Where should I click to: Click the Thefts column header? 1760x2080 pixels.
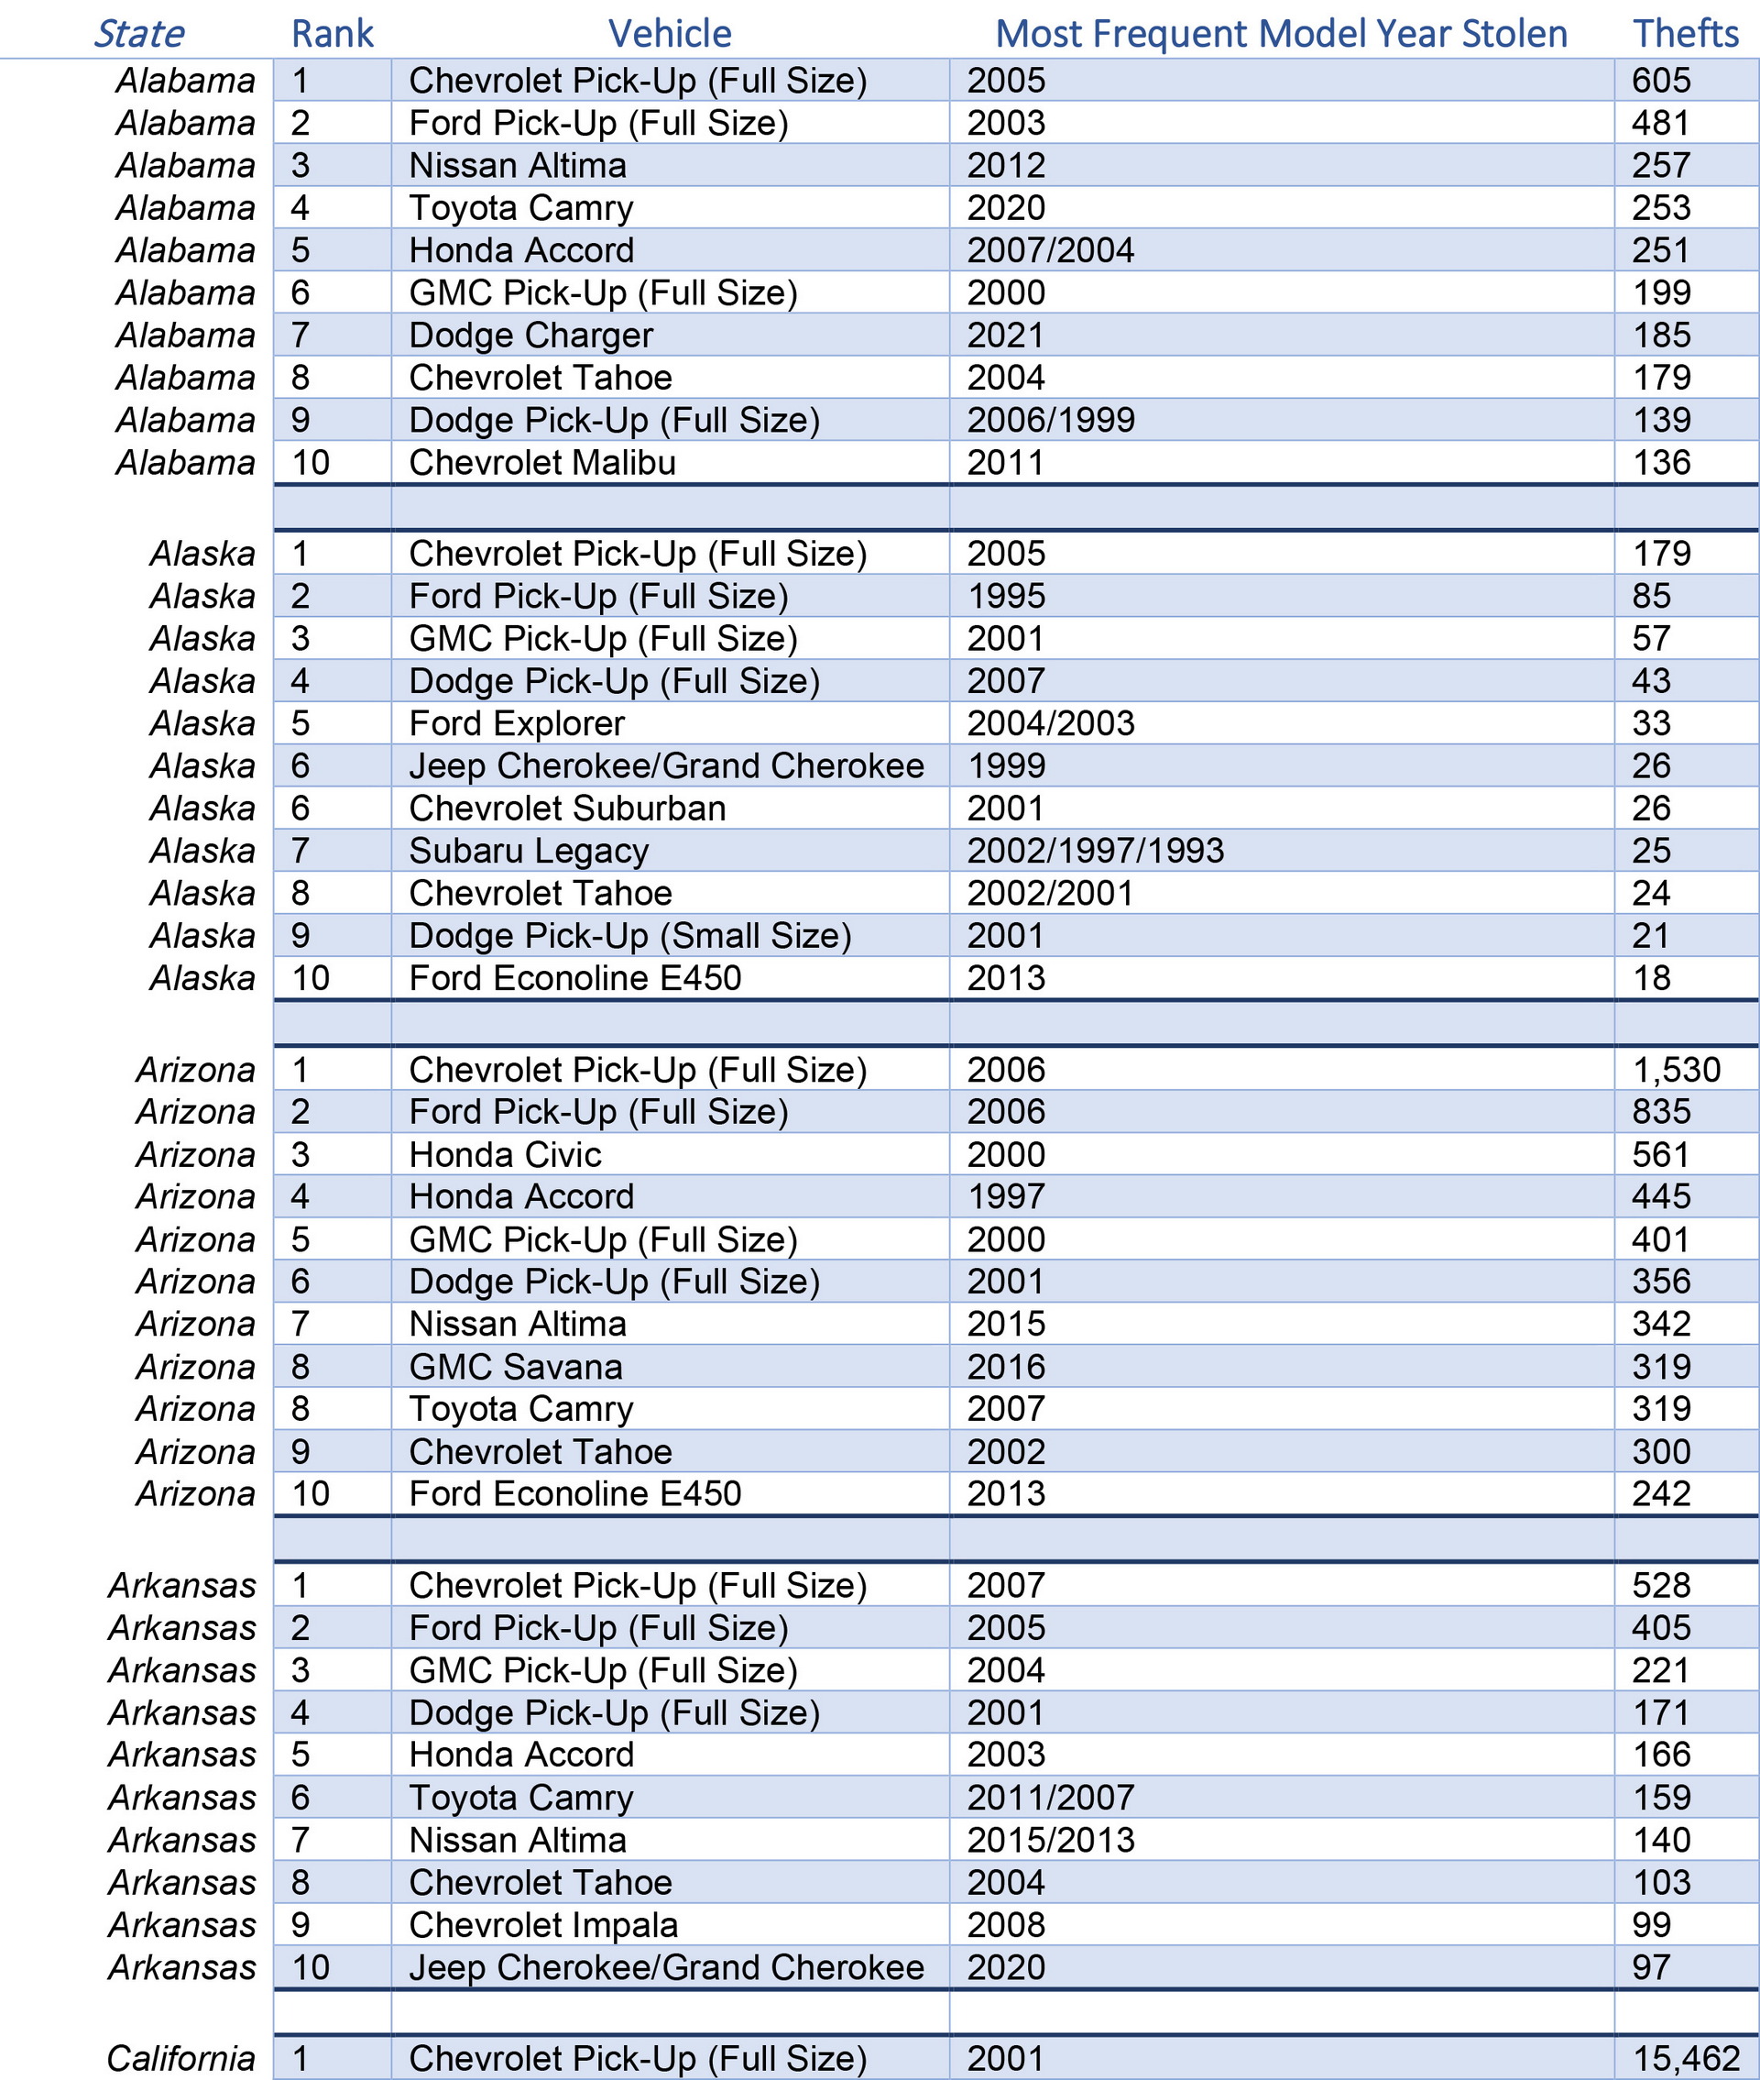point(1685,34)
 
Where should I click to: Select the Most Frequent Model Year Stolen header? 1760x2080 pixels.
point(1281,34)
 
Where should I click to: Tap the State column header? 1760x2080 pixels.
point(138,34)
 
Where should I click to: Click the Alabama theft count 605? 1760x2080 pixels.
point(1661,81)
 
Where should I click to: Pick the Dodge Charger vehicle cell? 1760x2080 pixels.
point(530,336)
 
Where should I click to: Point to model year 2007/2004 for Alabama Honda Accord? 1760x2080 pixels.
point(1050,250)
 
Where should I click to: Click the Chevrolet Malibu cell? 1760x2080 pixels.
point(541,463)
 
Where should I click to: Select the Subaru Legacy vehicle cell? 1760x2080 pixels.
point(529,852)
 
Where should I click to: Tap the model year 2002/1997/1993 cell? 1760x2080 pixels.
point(1095,852)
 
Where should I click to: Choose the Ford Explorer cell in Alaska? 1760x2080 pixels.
point(516,723)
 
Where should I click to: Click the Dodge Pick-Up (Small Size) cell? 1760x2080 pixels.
point(629,936)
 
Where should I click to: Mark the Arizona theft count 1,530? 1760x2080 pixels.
point(1677,1070)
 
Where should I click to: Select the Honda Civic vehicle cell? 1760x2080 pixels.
point(505,1155)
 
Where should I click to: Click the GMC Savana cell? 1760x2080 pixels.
point(515,1368)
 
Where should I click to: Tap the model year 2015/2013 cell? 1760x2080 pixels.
point(1050,1841)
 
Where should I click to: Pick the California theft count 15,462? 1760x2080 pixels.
point(1686,2058)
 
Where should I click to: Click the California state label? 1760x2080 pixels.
point(180,2058)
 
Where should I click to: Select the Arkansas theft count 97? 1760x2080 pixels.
point(1651,1967)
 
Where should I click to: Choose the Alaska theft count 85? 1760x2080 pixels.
point(1651,597)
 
